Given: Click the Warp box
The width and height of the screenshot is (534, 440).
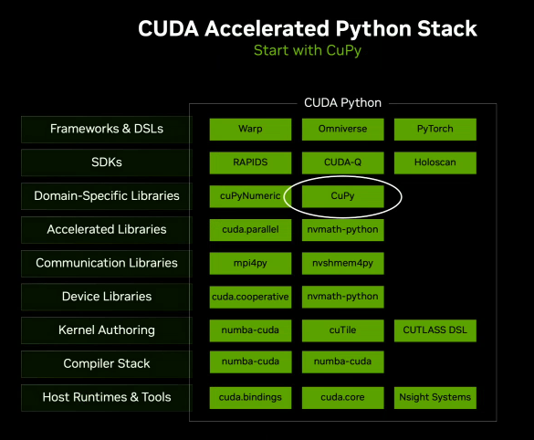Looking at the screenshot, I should point(250,129).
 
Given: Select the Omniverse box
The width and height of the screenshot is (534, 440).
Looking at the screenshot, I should point(342,129).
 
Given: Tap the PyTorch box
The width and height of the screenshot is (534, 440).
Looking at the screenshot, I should point(435,129).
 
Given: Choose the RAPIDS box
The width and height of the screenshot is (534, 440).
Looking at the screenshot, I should point(250,162).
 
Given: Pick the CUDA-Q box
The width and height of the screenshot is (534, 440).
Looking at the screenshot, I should point(342,162).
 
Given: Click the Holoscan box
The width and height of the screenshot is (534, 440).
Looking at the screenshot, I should point(435,162).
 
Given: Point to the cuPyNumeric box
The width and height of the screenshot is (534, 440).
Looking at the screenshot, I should point(250,195).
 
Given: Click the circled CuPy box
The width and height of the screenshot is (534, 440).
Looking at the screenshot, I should point(342,195).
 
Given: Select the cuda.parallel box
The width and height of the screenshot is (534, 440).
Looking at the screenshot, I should point(250,229).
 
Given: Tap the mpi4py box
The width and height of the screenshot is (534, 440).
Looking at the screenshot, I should point(250,263).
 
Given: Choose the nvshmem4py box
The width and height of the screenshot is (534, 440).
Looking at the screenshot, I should point(342,263).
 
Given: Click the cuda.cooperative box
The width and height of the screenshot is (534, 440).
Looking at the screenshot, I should point(250,296).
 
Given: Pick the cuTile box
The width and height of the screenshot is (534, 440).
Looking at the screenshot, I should point(342,330).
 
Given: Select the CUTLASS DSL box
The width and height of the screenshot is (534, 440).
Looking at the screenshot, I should point(435,330).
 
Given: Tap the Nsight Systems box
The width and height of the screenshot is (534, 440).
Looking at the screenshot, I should point(435,396).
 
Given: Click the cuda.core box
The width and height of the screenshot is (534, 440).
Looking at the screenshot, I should point(342,396).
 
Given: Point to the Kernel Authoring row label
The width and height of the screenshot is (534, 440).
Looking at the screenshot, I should point(107,330).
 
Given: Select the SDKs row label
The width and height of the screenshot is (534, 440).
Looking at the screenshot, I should point(107,162).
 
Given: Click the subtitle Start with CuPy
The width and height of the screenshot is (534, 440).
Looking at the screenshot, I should point(308,50).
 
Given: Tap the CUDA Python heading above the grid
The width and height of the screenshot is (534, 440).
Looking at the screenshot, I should point(342,102).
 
